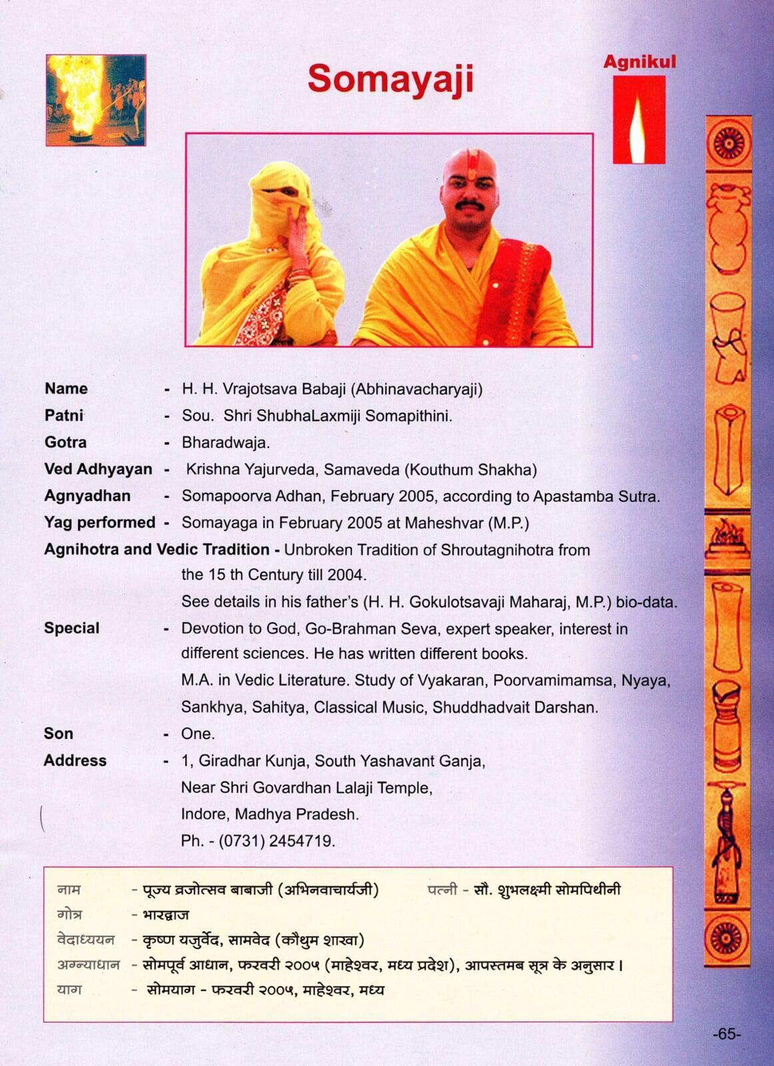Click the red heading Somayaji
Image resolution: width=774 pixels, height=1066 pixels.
click(x=390, y=79)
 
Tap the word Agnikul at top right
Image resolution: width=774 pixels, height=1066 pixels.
click(x=639, y=62)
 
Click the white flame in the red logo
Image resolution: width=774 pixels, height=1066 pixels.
click(x=638, y=131)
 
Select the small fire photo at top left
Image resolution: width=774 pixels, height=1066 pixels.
click(x=96, y=100)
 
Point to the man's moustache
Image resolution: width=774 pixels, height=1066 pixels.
click(x=470, y=203)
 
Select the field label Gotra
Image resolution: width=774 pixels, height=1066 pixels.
click(x=65, y=442)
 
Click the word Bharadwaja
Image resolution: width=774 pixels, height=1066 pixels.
click(x=225, y=442)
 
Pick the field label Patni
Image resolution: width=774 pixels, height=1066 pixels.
click(x=64, y=416)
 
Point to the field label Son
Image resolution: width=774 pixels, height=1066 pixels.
click(x=59, y=734)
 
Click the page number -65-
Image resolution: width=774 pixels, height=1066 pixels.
click(x=726, y=1034)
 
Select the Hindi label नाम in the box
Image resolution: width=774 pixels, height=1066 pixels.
click(x=69, y=889)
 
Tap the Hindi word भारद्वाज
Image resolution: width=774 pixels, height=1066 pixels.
click(x=166, y=915)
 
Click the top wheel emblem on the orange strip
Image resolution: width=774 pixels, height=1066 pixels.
click(x=727, y=143)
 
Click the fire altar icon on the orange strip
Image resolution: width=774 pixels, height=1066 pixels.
click(x=727, y=538)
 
